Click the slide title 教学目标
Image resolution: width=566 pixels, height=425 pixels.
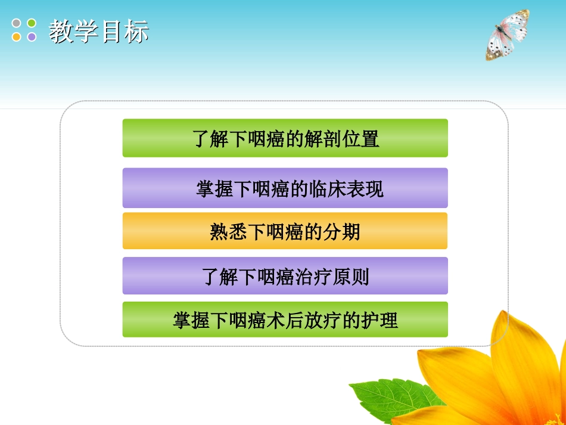point(98,32)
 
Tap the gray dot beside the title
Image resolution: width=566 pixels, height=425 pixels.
point(17,23)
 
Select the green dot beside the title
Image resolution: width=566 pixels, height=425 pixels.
point(32,23)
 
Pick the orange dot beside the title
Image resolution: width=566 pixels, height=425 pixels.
point(17,37)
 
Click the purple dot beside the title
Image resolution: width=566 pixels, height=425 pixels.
point(32,37)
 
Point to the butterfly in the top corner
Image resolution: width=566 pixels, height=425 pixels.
point(507,35)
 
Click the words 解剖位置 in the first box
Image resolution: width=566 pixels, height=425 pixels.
point(342,139)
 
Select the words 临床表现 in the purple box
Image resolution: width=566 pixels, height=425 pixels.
point(346,189)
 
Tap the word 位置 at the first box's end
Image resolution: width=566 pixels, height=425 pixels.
point(360,139)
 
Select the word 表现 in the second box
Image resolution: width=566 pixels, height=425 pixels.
point(365,189)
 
